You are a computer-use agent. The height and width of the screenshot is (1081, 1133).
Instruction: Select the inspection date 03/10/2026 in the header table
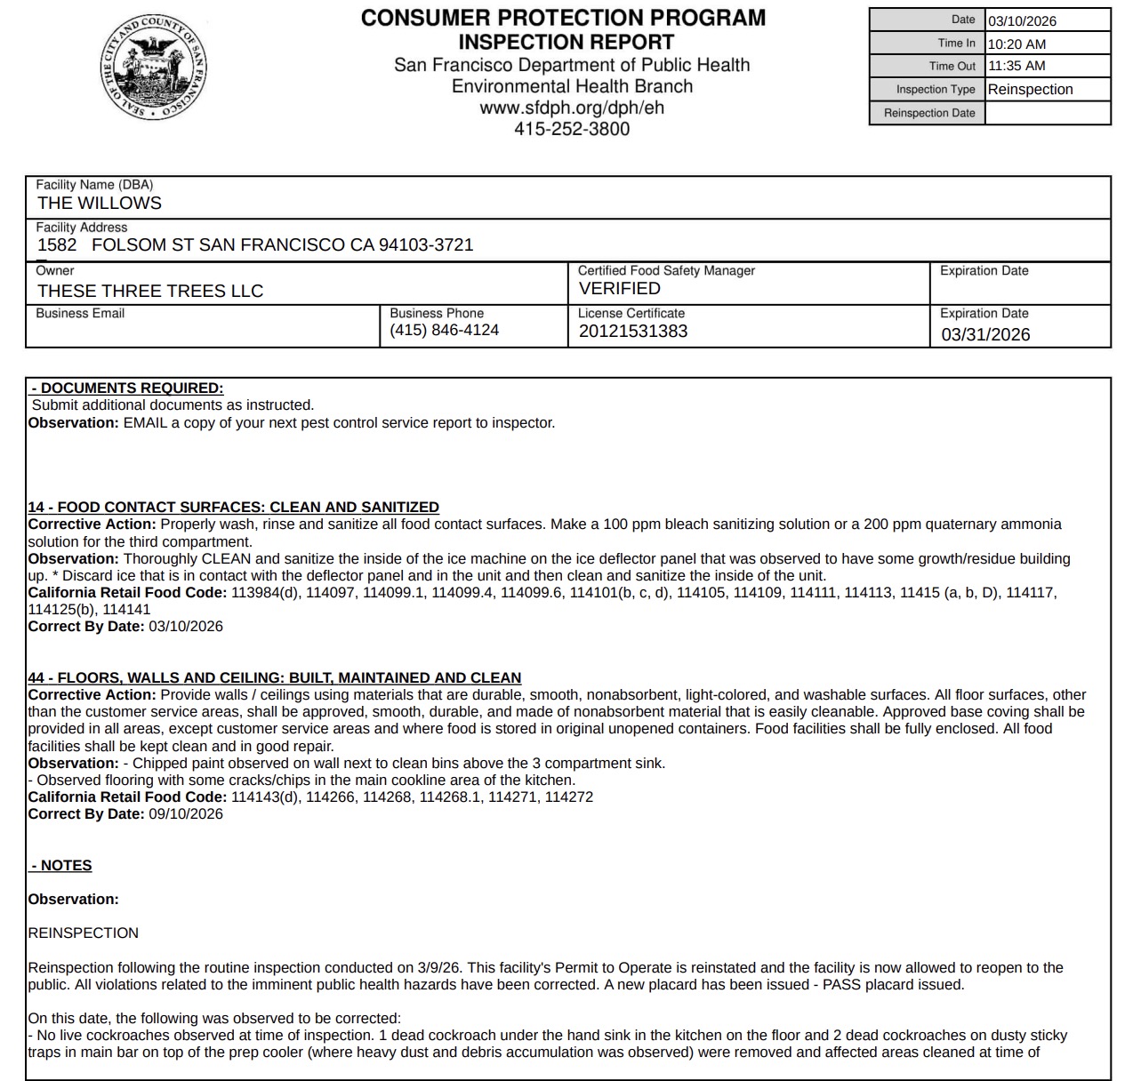(1022, 20)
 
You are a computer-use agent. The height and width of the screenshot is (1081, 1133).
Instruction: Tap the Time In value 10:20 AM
(1016, 44)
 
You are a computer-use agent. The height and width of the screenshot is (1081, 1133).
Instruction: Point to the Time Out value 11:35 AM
(1016, 66)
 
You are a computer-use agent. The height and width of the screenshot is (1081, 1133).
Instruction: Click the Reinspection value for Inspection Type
(1030, 89)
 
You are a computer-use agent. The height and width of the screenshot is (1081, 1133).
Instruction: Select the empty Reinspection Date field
(1047, 113)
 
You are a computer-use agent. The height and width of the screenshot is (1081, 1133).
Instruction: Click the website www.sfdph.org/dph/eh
(572, 108)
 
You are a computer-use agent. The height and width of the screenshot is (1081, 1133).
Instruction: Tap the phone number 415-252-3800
(572, 129)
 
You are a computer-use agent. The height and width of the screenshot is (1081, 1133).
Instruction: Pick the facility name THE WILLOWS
(100, 203)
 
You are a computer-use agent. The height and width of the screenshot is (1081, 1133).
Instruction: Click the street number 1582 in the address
(57, 244)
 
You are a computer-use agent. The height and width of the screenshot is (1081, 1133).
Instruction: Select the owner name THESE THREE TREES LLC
(150, 291)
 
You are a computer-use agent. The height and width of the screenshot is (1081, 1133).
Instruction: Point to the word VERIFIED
(620, 288)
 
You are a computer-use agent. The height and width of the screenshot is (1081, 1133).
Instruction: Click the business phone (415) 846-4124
(445, 330)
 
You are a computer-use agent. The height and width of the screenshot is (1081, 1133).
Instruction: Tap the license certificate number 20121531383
(633, 331)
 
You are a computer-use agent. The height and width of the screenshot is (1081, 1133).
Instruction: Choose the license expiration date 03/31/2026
(985, 334)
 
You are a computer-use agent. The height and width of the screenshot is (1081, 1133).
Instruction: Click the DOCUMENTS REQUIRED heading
(127, 388)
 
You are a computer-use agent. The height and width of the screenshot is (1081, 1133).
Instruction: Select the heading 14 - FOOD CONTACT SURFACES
(233, 507)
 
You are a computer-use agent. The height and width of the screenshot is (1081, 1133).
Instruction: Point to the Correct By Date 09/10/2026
(186, 813)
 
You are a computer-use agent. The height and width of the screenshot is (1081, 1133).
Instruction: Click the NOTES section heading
(61, 865)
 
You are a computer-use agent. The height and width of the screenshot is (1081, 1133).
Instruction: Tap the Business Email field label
(80, 313)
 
